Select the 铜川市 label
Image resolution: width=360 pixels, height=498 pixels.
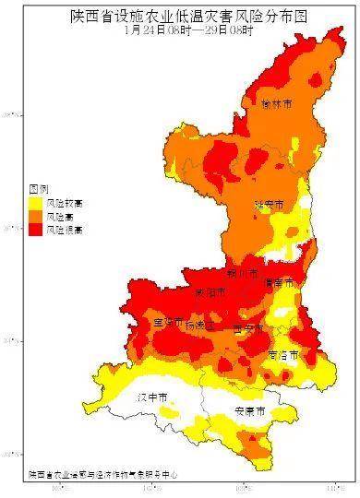coord(242,274)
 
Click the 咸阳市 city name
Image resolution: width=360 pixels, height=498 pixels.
coord(210,292)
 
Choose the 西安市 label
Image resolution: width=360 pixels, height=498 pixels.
coord(248,327)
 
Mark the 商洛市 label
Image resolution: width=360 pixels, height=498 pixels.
coord(283,354)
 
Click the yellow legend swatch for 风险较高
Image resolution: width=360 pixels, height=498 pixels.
coord(35,201)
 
